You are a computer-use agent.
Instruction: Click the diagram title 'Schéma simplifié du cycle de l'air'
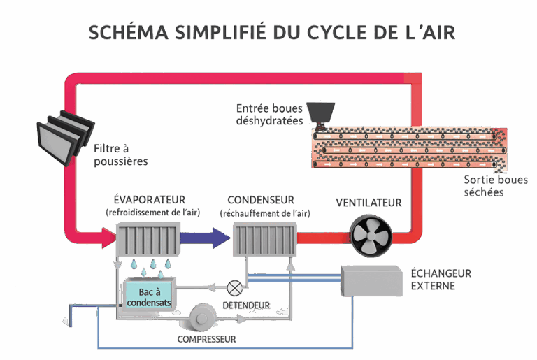coord(271,32)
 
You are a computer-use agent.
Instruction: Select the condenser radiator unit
coord(263,240)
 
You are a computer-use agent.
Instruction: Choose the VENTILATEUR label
coord(368,203)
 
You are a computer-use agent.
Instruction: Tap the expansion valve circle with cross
coord(234,286)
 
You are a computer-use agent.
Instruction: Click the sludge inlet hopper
coord(321,111)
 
